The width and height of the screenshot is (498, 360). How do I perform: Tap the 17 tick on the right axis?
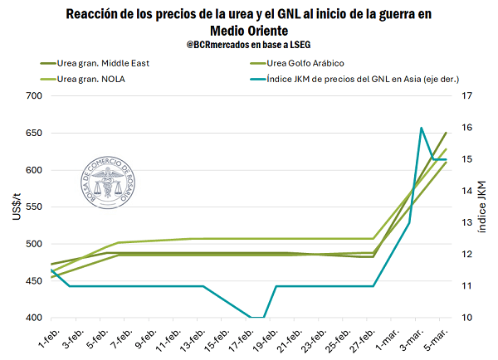(466, 96)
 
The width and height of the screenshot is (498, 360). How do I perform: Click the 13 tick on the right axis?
(466, 223)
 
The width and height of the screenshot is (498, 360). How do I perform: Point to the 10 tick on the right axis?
(466, 319)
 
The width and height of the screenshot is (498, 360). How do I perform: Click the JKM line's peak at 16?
(422, 128)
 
